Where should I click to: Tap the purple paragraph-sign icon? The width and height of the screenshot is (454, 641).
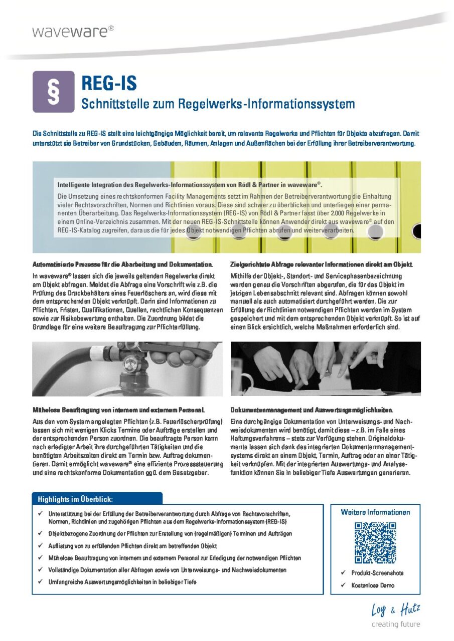coord(53,91)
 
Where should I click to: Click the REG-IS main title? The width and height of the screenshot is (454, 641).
coord(109,82)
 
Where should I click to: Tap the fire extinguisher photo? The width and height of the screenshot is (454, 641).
coord(127,369)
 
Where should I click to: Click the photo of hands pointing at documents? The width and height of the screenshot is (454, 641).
coord(326,369)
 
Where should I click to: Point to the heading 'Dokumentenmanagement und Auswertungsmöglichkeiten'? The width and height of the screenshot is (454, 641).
coord(312,409)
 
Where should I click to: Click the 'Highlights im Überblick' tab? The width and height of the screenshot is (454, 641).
coord(76,499)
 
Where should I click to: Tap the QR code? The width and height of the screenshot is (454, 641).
coord(375,542)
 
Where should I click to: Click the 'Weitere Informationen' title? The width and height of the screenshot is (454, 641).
coord(375,512)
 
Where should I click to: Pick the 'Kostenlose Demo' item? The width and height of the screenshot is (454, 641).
coord(373,585)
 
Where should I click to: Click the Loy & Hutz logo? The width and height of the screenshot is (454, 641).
coord(395,610)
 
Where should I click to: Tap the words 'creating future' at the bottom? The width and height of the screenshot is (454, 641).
coord(395,624)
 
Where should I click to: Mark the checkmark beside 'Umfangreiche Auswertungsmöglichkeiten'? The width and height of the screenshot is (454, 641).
coord(40,582)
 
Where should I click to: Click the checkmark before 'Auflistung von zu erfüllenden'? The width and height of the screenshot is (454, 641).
coord(40,545)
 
